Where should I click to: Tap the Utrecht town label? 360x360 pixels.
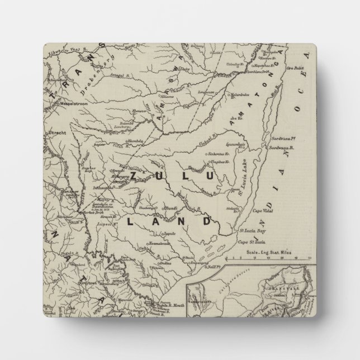pyautogui.click(x=56, y=133)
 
